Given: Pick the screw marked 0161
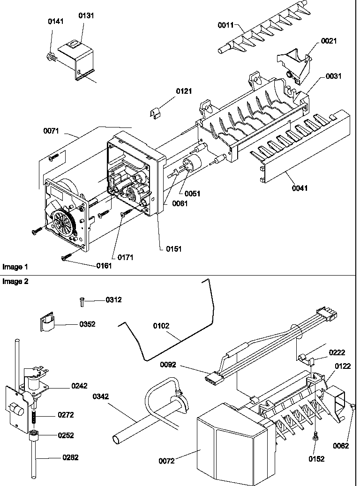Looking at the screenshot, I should coord(65,257).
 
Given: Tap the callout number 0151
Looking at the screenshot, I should coord(173,249).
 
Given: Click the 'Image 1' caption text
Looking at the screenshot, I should coord(15,267).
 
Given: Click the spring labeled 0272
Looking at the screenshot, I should coord(35,417).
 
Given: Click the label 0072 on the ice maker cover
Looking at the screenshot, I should coord(166,461).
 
